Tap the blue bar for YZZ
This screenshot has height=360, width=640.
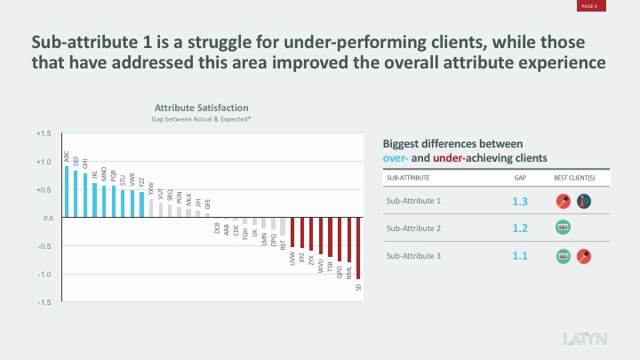(141, 204)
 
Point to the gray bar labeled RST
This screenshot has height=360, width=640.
(283, 227)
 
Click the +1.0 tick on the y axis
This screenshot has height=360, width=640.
(44, 162)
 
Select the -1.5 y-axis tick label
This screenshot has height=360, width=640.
(44, 302)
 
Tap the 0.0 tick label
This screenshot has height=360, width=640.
(47, 218)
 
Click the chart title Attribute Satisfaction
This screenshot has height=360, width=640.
(201, 108)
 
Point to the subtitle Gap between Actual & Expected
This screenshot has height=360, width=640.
(201, 119)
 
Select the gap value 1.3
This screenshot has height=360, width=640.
(521, 202)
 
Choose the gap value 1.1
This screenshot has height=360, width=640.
(521, 256)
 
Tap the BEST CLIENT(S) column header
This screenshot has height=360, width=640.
(574, 178)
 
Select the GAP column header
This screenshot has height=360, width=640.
(521, 178)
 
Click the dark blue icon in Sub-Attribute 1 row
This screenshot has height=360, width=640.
(584, 202)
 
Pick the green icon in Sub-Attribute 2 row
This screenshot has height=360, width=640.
(563, 228)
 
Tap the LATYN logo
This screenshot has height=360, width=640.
(587, 340)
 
